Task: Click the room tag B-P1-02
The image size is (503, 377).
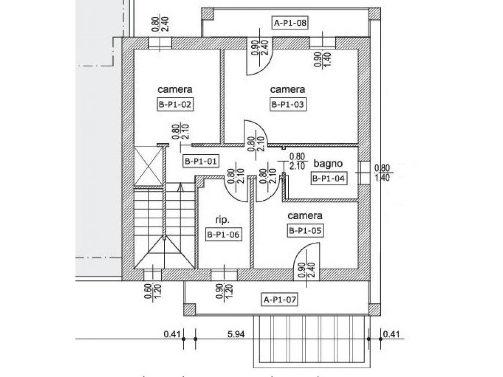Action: (x=175, y=104)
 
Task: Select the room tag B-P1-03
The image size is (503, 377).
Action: (x=288, y=104)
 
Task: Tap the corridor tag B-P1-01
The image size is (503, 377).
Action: (x=201, y=161)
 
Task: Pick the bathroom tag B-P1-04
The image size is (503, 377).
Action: (x=329, y=178)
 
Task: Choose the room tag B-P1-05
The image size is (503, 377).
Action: (x=305, y=231)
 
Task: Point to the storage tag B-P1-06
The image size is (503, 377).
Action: (x=223, y=234)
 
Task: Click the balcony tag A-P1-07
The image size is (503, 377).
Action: (x=280, y=299)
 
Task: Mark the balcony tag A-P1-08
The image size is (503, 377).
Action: (x=290, y=23)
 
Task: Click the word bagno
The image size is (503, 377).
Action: (x=328, y=164)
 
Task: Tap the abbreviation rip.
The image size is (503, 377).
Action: (x=222, y=220)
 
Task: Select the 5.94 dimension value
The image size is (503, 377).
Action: (x=236, y=335)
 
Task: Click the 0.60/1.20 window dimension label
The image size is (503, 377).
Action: (x=153, y=291)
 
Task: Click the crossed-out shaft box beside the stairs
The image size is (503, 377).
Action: (x=149, y=165)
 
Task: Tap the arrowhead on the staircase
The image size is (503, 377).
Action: (x=181, y=187)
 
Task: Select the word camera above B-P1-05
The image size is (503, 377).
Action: (x=305, y=216)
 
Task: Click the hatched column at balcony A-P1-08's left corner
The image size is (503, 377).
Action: (x=207, y=14)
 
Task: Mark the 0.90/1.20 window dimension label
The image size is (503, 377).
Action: (x=224, y=291)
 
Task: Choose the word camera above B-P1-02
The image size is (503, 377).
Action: (x=175, y=90)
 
